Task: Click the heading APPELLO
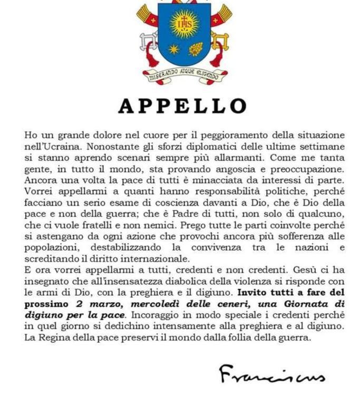(x=182, y=106)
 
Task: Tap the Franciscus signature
(x=271, y=374)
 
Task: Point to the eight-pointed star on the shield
(x=173, y=49)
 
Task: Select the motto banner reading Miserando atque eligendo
(x=183, y=75)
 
